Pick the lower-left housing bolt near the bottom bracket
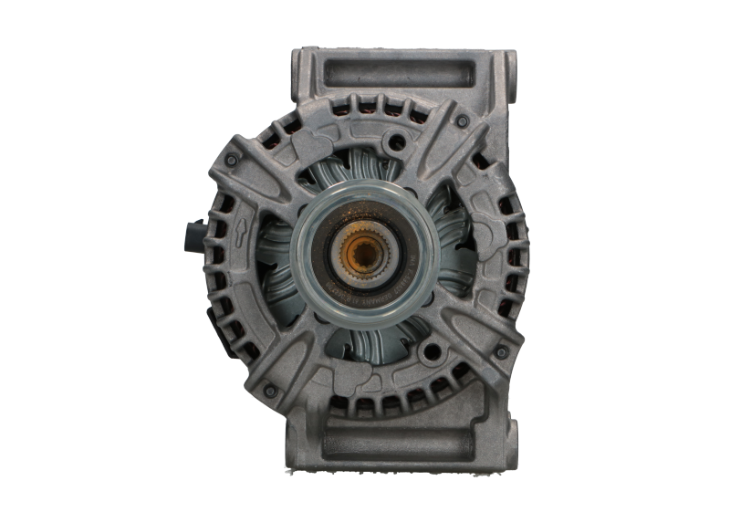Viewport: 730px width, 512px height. (x=270, y=390)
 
